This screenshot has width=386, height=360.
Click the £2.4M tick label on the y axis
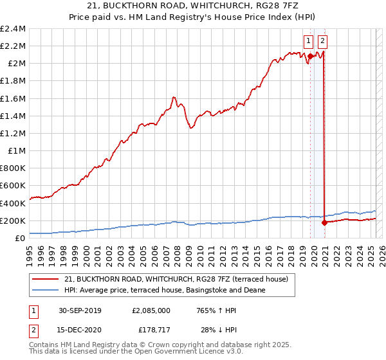pos(13,29)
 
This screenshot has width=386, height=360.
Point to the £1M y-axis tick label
pos(17,151)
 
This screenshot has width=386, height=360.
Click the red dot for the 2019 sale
pos(310,57)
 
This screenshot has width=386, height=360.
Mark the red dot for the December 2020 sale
pos(324,223)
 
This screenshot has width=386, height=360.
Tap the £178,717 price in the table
pos(152,330)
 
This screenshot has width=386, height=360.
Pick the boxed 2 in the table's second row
pos(33,330)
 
